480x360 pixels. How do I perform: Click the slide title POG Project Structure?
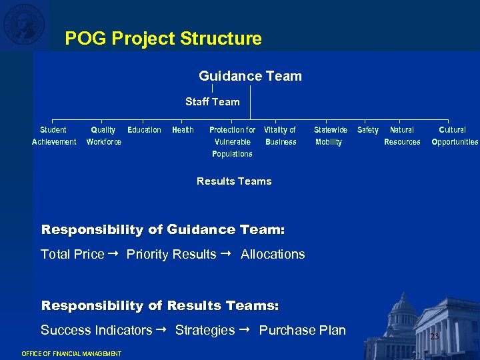pyautogui.click(x=163, y=39)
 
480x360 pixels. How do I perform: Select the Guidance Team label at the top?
pyautogui.click(x=250, y=76)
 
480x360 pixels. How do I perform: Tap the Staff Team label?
pyautogui.click(x=212, y=102)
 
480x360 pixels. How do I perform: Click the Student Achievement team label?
pyautogui.click(x=54, y=136)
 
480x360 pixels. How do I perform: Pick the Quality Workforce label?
pyautogui.click(x=104, y=136)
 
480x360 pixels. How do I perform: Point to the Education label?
pyautogui.click(x=144, y=130)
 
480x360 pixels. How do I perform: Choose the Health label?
pyautogui.click(x=183, y=130)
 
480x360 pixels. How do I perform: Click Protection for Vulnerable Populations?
pyautogui.click(x=232, y=142)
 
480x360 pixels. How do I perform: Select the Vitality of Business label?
pyautogui.click(x=280, y=136)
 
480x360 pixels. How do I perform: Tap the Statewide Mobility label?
pyautogui.click(x=330, y=136)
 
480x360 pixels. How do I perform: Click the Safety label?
pyautogui.click(x=368, y=130)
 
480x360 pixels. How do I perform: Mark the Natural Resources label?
pyautogui.click(x=402, y=136)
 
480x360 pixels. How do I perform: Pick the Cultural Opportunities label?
pyautogui.click(x=455, y=136)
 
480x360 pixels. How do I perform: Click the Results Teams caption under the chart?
pyautogui.click(x=234, y=181)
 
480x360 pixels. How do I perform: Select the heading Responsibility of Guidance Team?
pyautogui.click(x=163, y=230)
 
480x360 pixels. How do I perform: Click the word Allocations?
pyautogui.click(x=273, y=254)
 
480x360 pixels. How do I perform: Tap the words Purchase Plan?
pyautogui.click(x=302, y=330)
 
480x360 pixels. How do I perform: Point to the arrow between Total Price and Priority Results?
pyautogui.click(x=115, y=254)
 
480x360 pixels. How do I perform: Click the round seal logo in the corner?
pyautogui.click(x=24, y=23)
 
